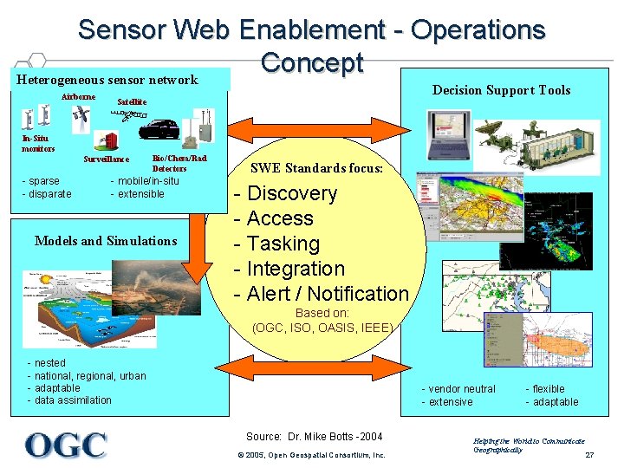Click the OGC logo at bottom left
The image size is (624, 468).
pyautogui.click(x=66, y=445)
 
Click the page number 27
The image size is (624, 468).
pyautogui.click(x=589, y=454)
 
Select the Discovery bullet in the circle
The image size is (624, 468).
pyautogui.click(x=291, y=193)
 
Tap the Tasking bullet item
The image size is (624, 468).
pyautogui.click(x=283, y=244)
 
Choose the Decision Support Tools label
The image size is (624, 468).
pyautogui.click(x=501, y=90)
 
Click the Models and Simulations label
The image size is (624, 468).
pyautogui.click(x=106, y=241)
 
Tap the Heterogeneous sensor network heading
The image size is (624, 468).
pyautogui.click(x=107, y=80)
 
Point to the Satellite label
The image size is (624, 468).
pyautogui.click(x=132, y=101)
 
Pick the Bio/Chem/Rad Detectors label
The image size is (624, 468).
pyautogui.click(x=179, y=163)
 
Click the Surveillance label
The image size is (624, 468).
pyautogui.click(x=107, y=159)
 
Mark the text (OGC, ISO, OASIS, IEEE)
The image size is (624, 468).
pyautogui.click(x=322, y=328)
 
